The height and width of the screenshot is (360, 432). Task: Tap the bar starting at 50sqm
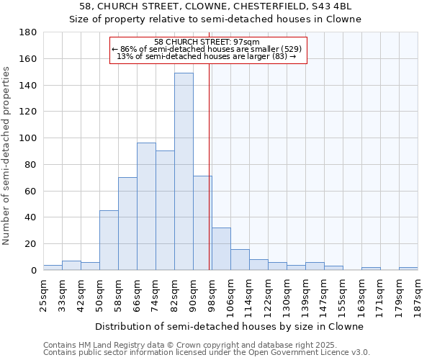point(109,240)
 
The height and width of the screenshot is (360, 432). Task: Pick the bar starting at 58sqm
point(127,223)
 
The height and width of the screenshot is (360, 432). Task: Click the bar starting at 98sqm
point(221,248)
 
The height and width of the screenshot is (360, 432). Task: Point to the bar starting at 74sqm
point(165,210)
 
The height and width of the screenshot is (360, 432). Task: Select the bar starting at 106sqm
point(240,259)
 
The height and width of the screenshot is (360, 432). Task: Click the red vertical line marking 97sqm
point(210,180)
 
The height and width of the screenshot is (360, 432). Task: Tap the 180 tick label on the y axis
point(29,32)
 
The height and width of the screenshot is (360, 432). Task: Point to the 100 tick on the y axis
point(29,138)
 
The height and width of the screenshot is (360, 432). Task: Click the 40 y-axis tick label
point(31,217)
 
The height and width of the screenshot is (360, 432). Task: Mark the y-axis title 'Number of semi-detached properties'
point(7,156)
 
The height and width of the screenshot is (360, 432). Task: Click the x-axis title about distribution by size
point(229,326)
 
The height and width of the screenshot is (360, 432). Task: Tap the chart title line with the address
point(215,6)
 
